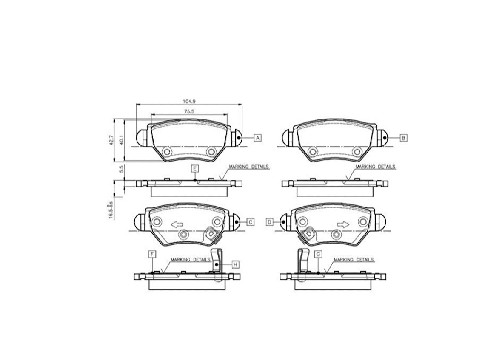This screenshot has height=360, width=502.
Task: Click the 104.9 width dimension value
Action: click(188, 101)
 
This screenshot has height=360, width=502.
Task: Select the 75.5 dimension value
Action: click(188, 111)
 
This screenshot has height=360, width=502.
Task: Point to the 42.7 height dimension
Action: click(112, 140)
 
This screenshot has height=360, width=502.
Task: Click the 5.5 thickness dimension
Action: click(121, 169)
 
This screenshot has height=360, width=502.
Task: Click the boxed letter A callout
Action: click(257, 138)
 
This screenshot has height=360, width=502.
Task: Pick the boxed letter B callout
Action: click(403, 138)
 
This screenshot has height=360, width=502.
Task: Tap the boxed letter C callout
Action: click(251, 222)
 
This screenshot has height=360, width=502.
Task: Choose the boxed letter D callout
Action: click(269, 222)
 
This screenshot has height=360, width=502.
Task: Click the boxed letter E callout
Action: click(194, 169)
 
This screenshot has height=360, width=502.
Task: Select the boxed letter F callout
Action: click(152, 254)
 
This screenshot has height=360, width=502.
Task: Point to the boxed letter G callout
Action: click(318, 254)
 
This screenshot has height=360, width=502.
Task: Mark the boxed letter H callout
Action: click(235, 264)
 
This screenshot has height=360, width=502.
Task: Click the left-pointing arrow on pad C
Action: click(176, 224)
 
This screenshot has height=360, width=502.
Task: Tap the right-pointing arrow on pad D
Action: click(343, 224)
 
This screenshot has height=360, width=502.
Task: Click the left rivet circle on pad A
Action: click(167, 151)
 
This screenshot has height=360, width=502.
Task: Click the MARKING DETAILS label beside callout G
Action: click(353, 259)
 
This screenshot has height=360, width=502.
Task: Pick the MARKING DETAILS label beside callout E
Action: click(249, 167)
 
